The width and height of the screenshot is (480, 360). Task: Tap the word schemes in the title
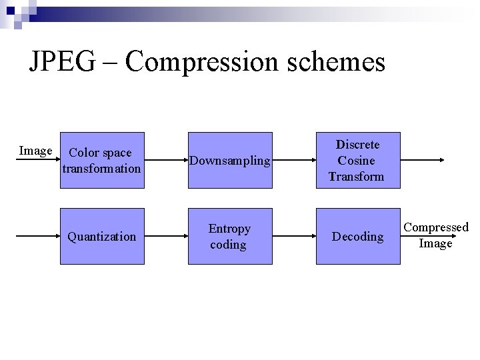point(339,62)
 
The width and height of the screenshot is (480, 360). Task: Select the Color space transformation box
point(101,161)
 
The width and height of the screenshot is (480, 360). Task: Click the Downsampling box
point(229,161)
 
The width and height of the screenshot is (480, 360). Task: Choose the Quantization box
point(101,237)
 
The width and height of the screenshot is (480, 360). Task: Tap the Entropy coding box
point(229,237)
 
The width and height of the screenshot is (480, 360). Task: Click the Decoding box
point(359,237)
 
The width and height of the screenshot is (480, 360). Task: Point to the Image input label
point(35,151)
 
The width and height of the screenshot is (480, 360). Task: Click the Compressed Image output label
point(436,235)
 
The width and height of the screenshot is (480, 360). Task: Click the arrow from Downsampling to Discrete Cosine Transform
point(293,161)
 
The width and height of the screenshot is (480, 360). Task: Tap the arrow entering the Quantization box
point(37,237)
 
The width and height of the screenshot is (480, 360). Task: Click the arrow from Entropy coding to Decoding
point(293,237)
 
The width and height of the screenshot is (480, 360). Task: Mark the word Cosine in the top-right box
point(356,161)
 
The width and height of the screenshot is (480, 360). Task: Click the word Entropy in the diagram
point(229,229)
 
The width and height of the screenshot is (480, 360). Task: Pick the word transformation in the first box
point(101,169)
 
